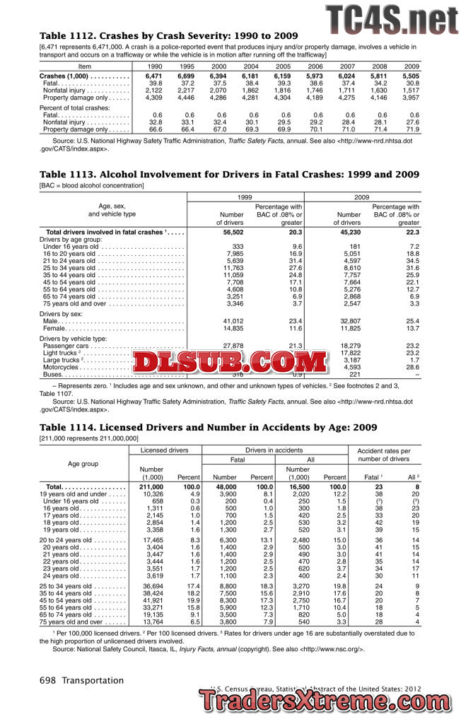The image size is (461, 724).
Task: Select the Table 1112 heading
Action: coord(169,35)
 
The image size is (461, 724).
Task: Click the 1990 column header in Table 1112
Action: coord(153,66)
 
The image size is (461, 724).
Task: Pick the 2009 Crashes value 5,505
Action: coord(411,76)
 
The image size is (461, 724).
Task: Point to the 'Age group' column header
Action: coord(83,464)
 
